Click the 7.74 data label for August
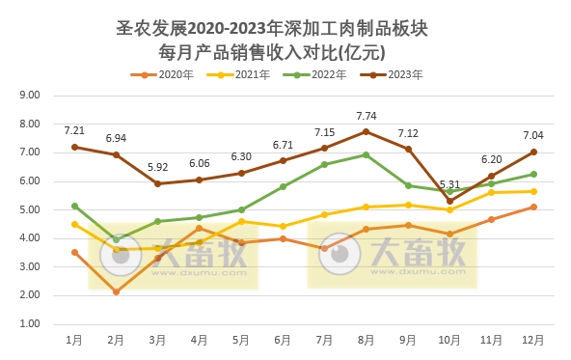point(366,116)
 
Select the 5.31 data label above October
point(449,185)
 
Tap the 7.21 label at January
point(74,130)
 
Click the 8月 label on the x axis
point(366,340)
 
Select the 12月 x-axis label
point(533,340)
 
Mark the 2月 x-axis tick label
point(116,340)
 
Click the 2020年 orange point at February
point(116,291)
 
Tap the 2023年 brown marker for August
point(366,131)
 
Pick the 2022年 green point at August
point(366,154)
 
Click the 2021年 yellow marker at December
point(533,191)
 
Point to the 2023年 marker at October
point(449,201)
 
